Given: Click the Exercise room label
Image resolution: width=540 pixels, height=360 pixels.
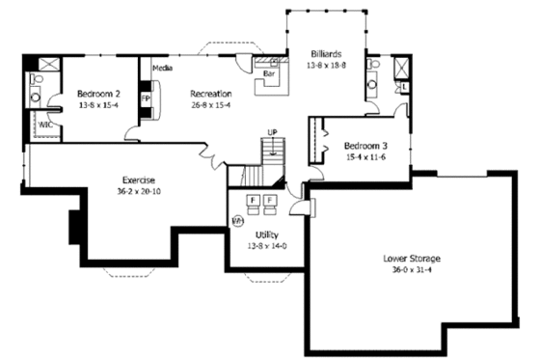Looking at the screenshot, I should pyautogui.click(x=138, y=180).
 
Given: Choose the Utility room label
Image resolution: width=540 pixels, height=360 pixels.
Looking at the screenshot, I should pyautogui.click(x=267, y=235).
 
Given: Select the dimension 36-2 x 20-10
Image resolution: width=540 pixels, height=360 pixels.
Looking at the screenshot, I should pyautogui.click(x=138, y=191).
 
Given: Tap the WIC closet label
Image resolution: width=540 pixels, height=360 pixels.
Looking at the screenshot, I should pyautogui.click(x=44, y=125).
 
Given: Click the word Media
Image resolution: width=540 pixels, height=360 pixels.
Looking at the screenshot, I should pyautogui.click(x=163, y=69).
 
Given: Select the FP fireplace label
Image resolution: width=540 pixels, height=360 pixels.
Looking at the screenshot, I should pyautogui.click(x=147, y=99).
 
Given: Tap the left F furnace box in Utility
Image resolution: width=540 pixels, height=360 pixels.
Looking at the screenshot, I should pyautogui.click(x=253, y=200).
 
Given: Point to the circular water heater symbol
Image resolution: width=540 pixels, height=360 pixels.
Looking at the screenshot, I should pyautogui.click(x=236, y=220).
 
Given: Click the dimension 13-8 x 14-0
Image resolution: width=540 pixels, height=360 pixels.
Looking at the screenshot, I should pyautogui.click(x=267, y=246).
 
